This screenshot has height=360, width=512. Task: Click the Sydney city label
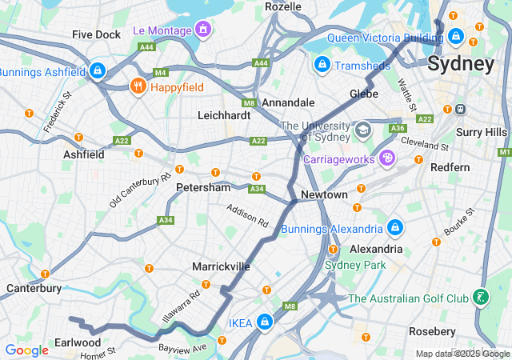point(461,64)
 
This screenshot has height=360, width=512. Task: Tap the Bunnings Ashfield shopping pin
point(97,71)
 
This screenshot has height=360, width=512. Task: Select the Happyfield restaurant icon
point(138,86)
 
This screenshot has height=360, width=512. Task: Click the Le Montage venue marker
point(203,30)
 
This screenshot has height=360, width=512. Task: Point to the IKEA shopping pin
point(264,323)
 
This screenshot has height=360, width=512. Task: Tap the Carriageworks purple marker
point(388,159)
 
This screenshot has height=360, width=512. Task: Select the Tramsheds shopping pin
point(322,64)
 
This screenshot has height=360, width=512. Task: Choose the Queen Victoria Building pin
point(455,36)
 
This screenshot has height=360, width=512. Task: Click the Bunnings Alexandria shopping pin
point(394,229)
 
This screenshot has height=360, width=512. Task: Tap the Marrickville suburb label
point(222,266)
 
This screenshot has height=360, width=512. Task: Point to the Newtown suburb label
point(324,195)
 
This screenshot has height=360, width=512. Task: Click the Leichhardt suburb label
point(224,115)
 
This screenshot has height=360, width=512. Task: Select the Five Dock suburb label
point(96,34)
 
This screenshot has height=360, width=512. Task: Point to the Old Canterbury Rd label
point(141,190)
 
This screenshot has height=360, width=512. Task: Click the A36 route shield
point(398,128)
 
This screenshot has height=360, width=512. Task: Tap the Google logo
point(26,350)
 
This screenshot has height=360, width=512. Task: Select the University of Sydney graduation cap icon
point(363,129)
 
